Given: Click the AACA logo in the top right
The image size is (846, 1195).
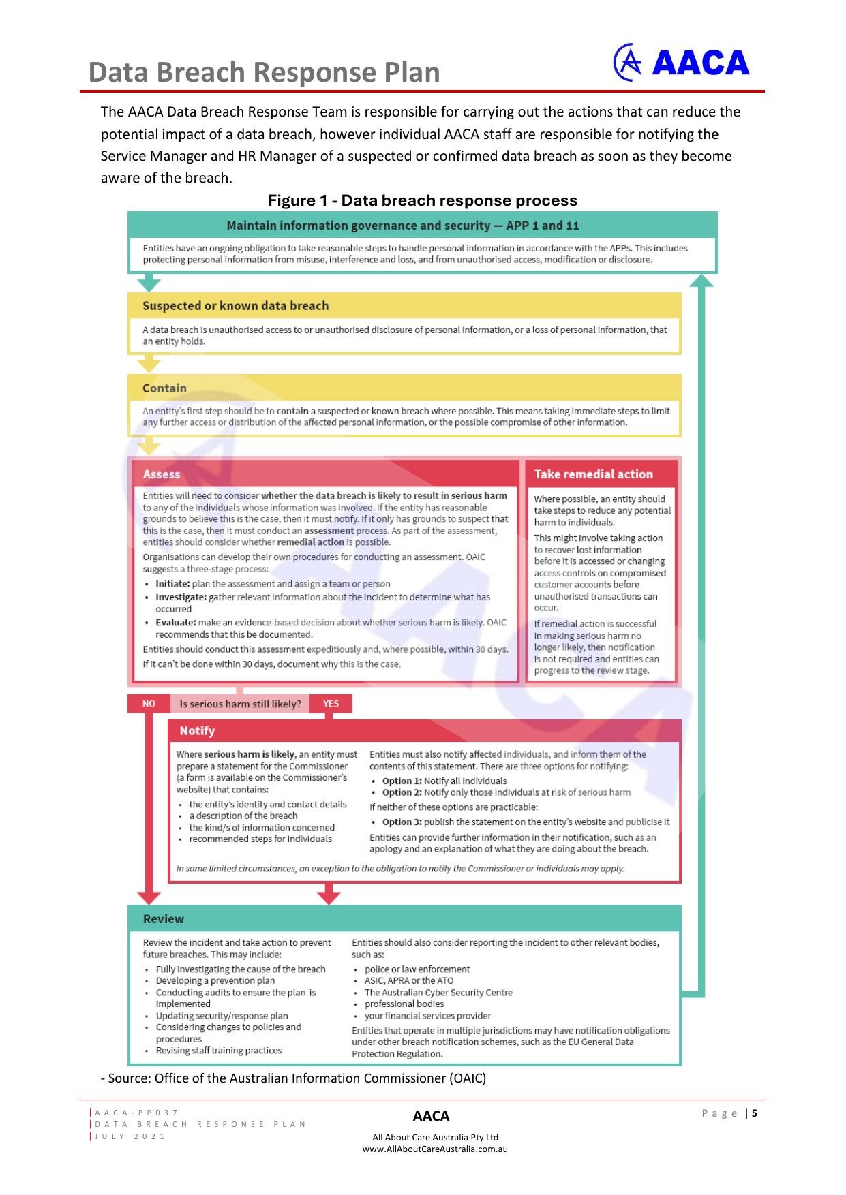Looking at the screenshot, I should click(x=681, y=63).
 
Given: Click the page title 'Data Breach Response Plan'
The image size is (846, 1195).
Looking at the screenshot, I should click(x=264, y=72).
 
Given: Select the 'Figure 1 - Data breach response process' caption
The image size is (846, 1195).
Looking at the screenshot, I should click(x=422, y=200).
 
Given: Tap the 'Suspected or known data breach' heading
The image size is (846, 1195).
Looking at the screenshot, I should click(x=235, y=306).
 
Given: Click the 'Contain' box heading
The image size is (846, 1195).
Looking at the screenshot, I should click(x=164, y=388).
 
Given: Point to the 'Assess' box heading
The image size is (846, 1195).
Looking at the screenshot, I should click(x=162, y=474).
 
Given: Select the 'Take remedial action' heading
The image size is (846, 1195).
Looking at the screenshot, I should click(x=593, y=474).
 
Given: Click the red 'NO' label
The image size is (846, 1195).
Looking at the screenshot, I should click(x=149, y=704).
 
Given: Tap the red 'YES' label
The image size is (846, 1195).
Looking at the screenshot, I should click(x=331, y=704).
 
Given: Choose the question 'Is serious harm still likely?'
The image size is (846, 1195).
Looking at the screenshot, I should click(x=240, y=704).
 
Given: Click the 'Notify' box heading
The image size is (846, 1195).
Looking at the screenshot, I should click(x=197, y=731).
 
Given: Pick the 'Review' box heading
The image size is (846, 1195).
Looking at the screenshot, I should click(x=164, y=919).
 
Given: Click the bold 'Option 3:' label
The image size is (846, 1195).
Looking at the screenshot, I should click(x=402, y=822).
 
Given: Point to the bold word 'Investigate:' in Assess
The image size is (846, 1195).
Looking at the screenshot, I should click(x=181, y=597).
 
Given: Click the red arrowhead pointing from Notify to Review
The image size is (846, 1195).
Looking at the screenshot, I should click(x=329, y=896).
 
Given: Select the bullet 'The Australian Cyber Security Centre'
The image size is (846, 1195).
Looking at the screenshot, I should click(x=438, y=993).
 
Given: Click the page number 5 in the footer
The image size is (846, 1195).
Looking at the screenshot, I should click(x=755, y=1114).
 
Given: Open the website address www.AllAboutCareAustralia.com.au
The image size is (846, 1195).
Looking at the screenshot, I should click(x=435, y=1149).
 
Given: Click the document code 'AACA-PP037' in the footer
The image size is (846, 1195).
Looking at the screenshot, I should click(x=136, y=1113).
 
